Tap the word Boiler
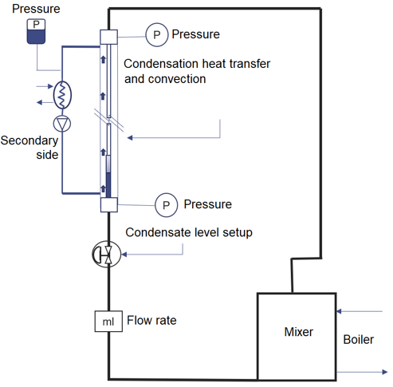358,340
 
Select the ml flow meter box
108,322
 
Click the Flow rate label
151,320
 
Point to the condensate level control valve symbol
107,255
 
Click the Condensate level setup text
189,232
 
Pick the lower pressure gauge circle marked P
167,205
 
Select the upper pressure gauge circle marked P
157,34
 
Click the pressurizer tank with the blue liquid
36,31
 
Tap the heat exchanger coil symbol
62,95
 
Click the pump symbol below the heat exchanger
62,124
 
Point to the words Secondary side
29,148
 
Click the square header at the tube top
108,37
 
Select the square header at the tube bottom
109,205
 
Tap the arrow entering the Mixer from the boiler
360,311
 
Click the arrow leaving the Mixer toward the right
362,372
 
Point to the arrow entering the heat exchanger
45,86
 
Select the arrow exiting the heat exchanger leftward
45,102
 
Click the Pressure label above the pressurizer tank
36,9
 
